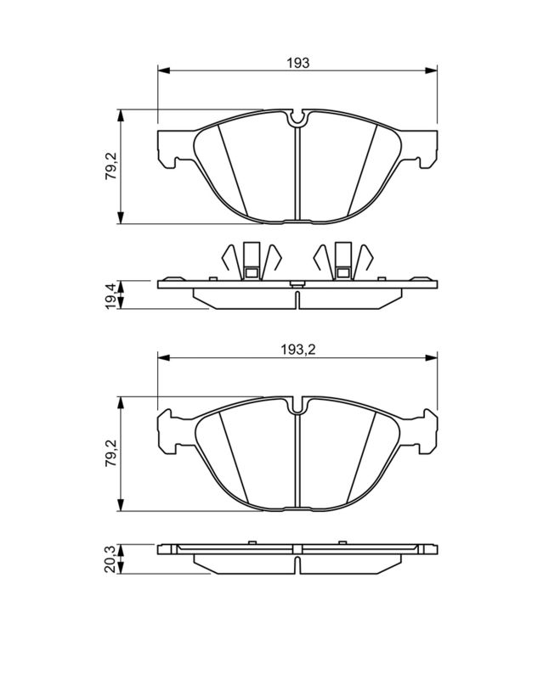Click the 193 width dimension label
pyautogui.click(x=297, y=62)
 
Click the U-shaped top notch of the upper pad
pyautogui.click(x=297, y=120)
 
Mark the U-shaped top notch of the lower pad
pyautogui.click(x=297, y=407)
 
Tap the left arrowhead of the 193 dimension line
pyautogui.click(x=164, y=70)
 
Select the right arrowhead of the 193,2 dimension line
pyautogui.click(x=433, y=359)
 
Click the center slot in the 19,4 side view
pyautogui.click(x=297, y=299)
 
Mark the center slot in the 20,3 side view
pyautogui.click(x=297, y=564)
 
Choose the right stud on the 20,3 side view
pyautogui.click(x=342, y=539)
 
